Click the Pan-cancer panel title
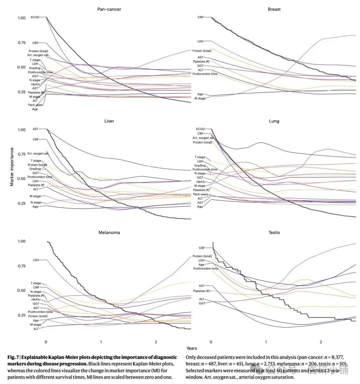pos(109,9)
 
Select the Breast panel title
pos(274,9)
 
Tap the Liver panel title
pos(109,121)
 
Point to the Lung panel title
pos(274,121)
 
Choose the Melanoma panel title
pos(109,232)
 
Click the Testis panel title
pos(274,232)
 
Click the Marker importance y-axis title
pos(12,167)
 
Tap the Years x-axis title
pos(192,348)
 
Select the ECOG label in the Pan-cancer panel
pos(35,17)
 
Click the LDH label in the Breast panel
pos(200,41)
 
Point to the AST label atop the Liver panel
pos(36,129)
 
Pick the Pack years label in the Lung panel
pos(201,194)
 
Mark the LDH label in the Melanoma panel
pos(36,260)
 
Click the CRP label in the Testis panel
pos(202,248)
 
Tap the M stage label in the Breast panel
pos(200,99)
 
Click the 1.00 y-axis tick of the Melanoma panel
pos(22,241)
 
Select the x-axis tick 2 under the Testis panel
pos(321,342)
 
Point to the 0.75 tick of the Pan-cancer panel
pos(22,43)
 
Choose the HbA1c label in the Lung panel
pos(201,182)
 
